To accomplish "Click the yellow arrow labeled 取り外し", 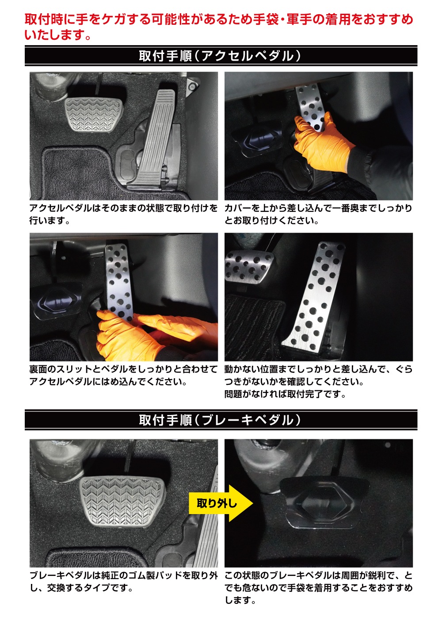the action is pos(221,503).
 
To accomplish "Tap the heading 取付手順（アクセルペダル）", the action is pos(221,56).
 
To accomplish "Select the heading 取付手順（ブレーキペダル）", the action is pos(221,420).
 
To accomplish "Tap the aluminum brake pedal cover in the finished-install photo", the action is pos(249,266).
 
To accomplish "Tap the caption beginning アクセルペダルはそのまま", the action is pos(123,215).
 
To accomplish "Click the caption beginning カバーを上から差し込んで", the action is pos(318,215).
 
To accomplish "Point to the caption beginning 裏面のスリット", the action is pos(123,375).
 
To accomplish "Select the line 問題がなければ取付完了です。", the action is pos(285,394).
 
